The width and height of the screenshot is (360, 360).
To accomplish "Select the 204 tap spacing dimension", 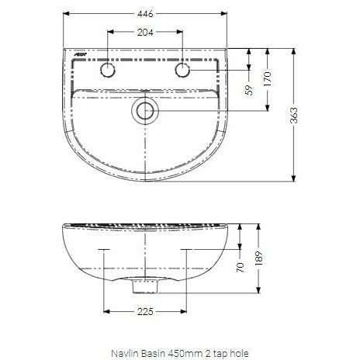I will point(145,33).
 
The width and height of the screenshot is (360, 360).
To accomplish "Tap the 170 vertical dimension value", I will point(268,78).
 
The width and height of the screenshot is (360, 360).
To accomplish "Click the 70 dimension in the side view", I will point(240,266).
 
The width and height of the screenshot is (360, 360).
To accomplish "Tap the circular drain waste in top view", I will point(145,111).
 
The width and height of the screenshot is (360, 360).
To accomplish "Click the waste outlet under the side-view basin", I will point(145,287).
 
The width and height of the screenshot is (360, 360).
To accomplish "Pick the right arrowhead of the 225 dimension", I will point(185,310).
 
